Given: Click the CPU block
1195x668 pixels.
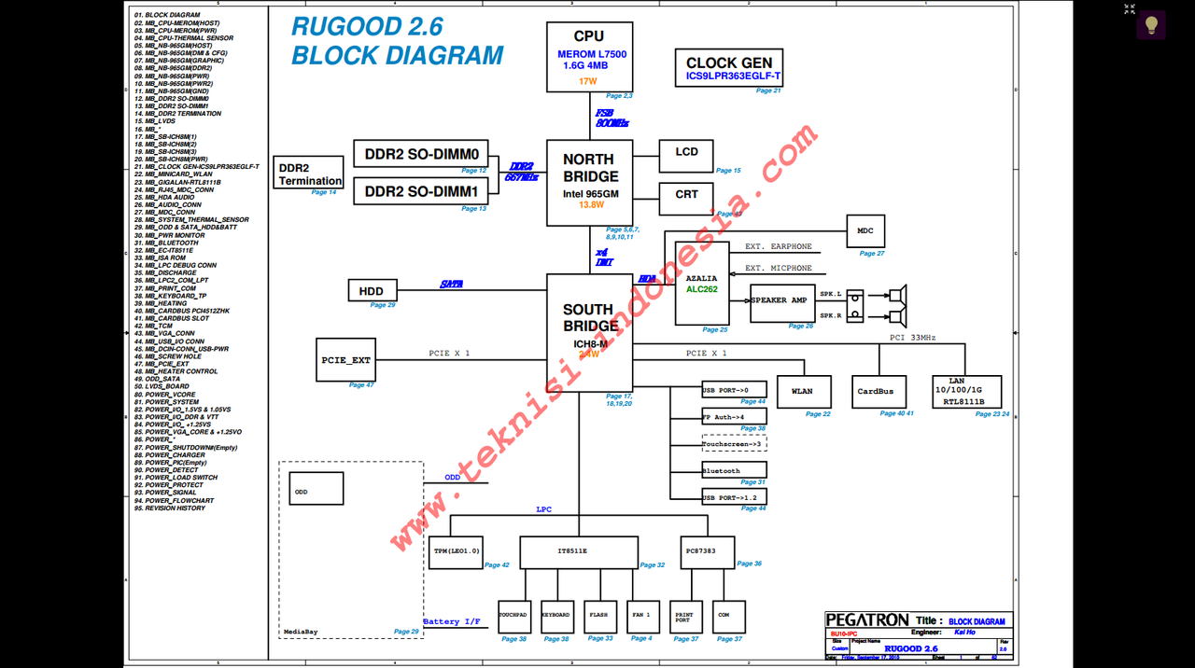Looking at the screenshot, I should pyautogui.click(x=589, y=57).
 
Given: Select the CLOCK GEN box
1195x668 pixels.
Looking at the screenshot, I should pyautogui.click(x=729, y=68).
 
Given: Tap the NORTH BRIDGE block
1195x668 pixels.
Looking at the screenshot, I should pyautogui.click(x=589, y=183).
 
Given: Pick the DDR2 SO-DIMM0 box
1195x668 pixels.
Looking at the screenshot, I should pyautogui.click(x=421, y=154).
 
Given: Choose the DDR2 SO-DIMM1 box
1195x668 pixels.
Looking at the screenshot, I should pyautogui.click(x=421, y=191).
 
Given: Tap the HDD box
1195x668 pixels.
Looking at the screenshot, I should pyautogui.click(x=372, y=290).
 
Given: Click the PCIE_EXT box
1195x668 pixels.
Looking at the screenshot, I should pyautogui.click(x=346, y=359).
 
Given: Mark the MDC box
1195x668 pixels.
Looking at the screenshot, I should pyautogui.click(x=865, y=231).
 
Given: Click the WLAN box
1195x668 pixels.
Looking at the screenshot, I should pyautogui.click(x=802, y=392).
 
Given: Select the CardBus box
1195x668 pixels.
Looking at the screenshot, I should pyautogui.click(x=876, y=392).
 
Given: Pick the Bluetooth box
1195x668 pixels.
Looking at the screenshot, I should pyautogui.click(x=734, y=470).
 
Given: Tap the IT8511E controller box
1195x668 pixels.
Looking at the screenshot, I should pyautogui.click(x=579, y=551).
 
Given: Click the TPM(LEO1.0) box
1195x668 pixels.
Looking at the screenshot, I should pyautogui.click(x=457, y=551).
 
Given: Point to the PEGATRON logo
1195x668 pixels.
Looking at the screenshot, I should pyautogui.click(x=867, y=620).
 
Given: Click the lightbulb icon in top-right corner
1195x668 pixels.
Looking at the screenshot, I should pyautogui.click(x=1151, y=25).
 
